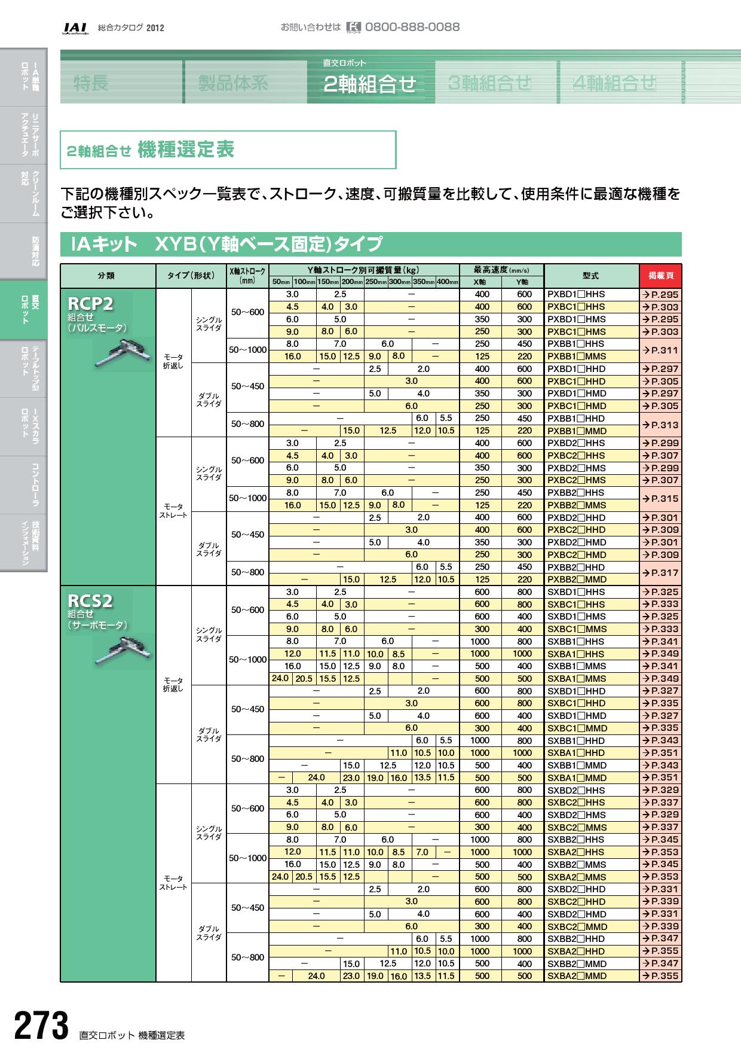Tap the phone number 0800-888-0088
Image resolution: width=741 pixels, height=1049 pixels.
(412, 27)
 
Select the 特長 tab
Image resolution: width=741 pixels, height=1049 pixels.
(91, 83)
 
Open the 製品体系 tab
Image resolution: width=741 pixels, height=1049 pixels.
(233, 83)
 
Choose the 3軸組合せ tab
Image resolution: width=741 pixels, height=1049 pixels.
(489, 83)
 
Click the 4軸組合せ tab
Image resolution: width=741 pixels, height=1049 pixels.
(614, 83)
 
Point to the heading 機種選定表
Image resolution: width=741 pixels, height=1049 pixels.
(186, 150)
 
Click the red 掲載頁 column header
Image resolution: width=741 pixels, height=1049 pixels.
(660, 276)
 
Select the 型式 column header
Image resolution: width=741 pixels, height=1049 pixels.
(590, 276)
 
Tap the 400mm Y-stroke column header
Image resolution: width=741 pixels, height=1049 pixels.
(447, 282)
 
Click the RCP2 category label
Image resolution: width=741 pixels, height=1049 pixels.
(90, 304)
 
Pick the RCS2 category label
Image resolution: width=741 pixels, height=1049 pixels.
(90, 600)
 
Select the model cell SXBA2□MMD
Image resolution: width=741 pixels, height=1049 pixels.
(577, 976)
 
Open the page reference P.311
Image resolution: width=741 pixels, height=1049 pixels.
(660, 350)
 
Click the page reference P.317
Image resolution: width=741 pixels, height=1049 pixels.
(660, 573)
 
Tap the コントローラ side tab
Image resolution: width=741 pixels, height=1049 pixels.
(24, 485)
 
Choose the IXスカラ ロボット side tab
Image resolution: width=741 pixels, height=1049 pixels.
(24, 426)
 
